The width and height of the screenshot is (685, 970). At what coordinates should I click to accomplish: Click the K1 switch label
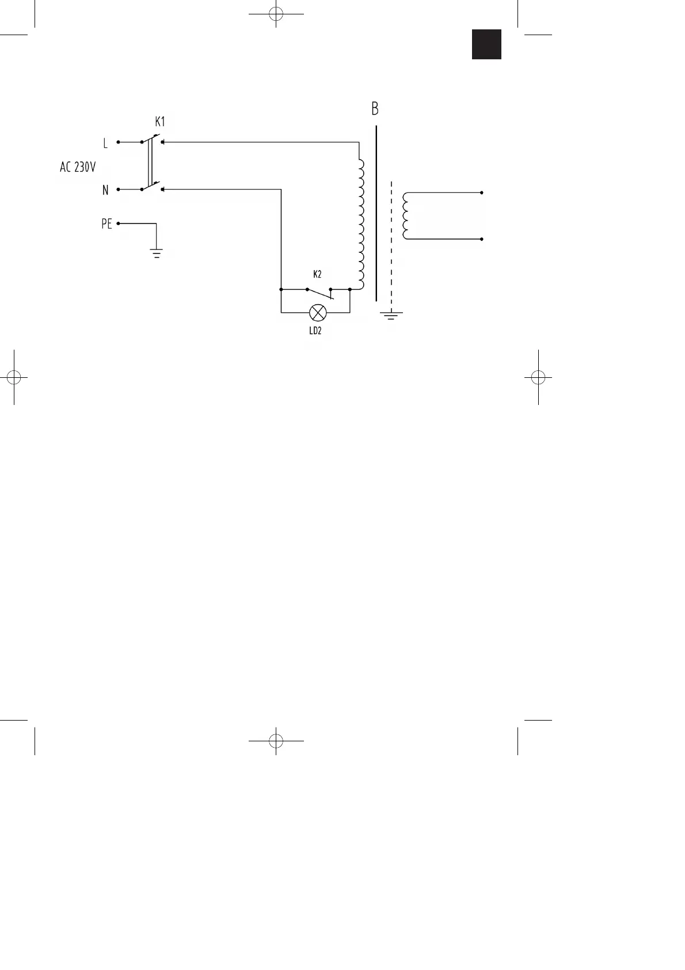159,122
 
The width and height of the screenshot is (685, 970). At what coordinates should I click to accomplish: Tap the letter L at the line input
105,142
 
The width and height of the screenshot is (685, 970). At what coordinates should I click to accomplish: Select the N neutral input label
105,190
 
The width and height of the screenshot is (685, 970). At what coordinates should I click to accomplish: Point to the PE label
106,225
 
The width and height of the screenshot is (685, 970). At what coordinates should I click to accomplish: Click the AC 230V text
78,168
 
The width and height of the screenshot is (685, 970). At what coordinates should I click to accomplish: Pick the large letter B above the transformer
375,109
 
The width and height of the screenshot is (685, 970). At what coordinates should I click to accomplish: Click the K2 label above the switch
317,274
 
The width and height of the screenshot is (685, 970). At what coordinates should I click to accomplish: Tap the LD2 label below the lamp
315,331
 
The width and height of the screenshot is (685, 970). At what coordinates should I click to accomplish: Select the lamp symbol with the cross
317,313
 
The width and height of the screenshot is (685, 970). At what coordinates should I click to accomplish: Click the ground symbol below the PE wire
156,252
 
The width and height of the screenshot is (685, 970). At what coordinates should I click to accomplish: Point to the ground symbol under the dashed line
391,315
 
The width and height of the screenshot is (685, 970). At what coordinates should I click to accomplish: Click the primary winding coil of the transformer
360,225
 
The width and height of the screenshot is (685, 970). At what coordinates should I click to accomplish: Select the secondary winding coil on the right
406,215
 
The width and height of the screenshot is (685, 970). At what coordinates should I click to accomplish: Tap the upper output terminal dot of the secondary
481,192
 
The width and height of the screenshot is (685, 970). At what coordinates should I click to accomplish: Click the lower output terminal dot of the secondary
481,238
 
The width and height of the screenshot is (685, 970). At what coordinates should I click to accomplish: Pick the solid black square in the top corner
486,44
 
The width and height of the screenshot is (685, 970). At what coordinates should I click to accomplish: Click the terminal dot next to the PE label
118,223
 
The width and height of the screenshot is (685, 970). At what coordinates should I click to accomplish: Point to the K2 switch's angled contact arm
320,294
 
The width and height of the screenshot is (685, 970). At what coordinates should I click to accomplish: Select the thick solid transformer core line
376,213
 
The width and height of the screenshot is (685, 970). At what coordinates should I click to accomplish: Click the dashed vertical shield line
391,242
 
